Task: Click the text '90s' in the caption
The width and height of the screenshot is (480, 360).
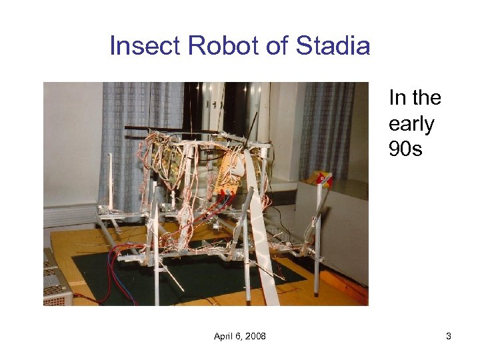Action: pos(406,149)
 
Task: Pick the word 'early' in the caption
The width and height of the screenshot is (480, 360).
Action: pos(411,124)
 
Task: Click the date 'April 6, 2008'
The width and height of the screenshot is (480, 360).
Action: pos(239,336)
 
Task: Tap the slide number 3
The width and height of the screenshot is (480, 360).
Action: pos(449,336)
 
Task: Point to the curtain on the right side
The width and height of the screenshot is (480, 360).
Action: pos(327,127)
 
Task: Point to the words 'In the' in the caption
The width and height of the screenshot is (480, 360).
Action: pos(415,98)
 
